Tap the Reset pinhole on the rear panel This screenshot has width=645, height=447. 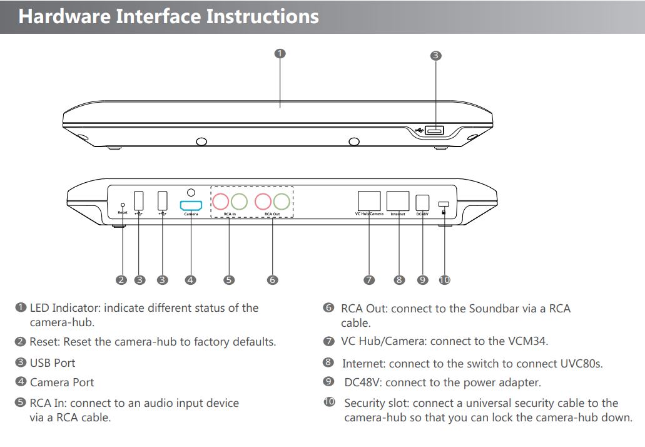(x=123, y=205)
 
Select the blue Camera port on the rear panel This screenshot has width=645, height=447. (x=191, y=205)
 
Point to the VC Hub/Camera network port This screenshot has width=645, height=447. (x=369, y=201)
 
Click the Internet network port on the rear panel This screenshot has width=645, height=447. (x=399, y=201)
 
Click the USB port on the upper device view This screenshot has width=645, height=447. (x=434, y=130)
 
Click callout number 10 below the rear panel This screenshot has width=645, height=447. (x=444, y=280)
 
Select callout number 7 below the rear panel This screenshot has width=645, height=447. (x=369, y=280)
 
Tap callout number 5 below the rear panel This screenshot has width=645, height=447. (x=229, y=280)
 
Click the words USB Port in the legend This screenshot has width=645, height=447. (x=53, y=362)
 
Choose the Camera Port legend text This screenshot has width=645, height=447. (x=62, y=382)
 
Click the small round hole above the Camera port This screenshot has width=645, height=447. (x=191, y=192)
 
